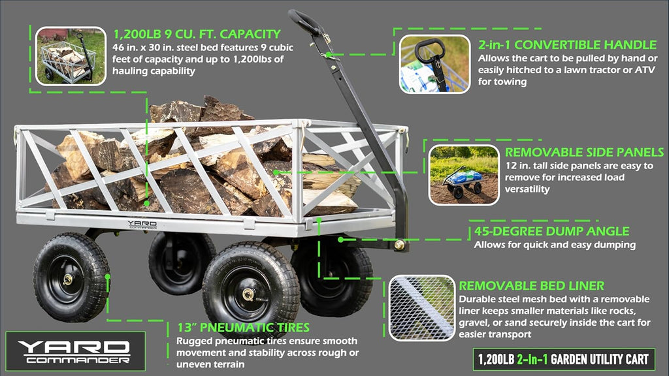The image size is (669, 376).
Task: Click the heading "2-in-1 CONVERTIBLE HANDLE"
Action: click(x=567, y=45)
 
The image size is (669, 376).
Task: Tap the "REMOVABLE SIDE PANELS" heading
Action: click(x=584, y=152)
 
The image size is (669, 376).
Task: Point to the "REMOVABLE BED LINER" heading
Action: click(x=531, y=285)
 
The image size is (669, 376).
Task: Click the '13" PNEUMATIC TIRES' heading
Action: click(x=243, y=328)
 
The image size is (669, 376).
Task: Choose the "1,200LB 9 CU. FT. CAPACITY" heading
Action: click(x=197, y=33)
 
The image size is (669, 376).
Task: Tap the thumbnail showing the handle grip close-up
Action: click(x=434, y=63)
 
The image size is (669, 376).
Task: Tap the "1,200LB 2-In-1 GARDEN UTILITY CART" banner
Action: click(x=563, y=359)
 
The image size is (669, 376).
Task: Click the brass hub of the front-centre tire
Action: click(x=248, y=294)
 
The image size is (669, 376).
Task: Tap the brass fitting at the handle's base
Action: click(x=398, y=245)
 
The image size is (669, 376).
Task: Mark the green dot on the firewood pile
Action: click(x=277, y=173)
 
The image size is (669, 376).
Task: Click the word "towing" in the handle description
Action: click(x=501, y=83)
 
